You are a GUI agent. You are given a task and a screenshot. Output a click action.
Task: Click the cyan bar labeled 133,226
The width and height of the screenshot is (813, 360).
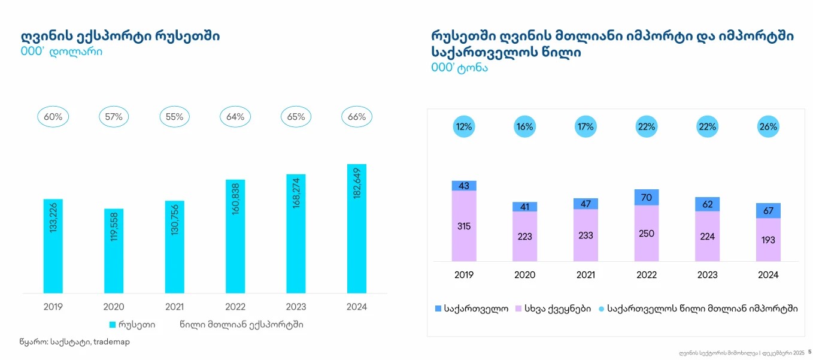click(53, 246)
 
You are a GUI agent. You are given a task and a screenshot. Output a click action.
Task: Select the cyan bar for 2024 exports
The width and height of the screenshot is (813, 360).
click(357, 228)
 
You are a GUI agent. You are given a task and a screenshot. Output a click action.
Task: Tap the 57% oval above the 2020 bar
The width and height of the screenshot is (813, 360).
click(114, 117)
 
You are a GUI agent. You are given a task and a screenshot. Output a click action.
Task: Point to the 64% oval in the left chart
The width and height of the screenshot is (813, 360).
click(235, 117)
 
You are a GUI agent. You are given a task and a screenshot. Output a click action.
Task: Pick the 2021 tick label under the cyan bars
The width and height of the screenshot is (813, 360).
click(174, 307)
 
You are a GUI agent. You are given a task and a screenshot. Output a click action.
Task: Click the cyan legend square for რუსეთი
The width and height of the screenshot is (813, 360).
click(113, 325)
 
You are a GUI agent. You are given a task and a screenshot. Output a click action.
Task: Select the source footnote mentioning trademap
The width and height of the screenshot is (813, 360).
click(75, 342)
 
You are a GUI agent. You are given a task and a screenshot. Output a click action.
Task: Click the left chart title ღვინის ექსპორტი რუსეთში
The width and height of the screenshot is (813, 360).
click(120, 36)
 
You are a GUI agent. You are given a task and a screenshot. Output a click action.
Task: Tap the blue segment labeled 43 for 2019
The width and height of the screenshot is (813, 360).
click(464, 186)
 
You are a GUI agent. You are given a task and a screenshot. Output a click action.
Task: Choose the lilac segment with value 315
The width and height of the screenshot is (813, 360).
click(464, 226)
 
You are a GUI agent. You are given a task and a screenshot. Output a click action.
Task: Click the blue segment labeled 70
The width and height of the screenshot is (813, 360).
click(647, 197)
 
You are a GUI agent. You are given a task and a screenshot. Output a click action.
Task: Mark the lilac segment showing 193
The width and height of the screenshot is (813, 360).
click(768, 240)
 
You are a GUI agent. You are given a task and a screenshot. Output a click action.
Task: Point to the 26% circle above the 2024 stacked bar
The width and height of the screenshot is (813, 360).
click(768, 127)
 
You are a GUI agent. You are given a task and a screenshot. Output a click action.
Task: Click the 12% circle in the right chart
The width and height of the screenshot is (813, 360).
click(464, 127)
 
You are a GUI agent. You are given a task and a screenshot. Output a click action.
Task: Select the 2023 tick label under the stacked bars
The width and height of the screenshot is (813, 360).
click(708, 275)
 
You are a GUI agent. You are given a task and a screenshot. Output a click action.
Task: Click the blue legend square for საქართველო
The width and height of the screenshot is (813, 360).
click(438, 309)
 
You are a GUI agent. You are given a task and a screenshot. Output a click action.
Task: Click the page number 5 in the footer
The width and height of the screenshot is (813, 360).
click(809, 352)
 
